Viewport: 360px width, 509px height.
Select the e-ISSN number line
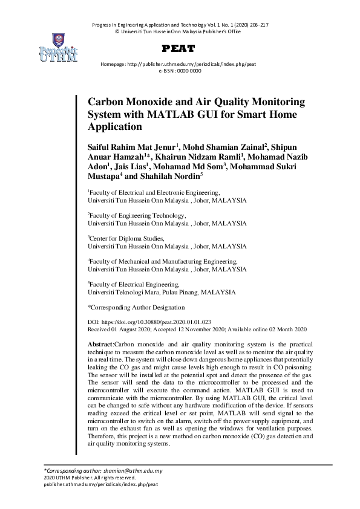pyautogui.click(x=180, y=71)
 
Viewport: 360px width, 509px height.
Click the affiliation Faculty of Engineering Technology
pyautogui.click(x=138, y=215)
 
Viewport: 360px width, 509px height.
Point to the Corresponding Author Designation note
pyautogui.click(x=136, y=307)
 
